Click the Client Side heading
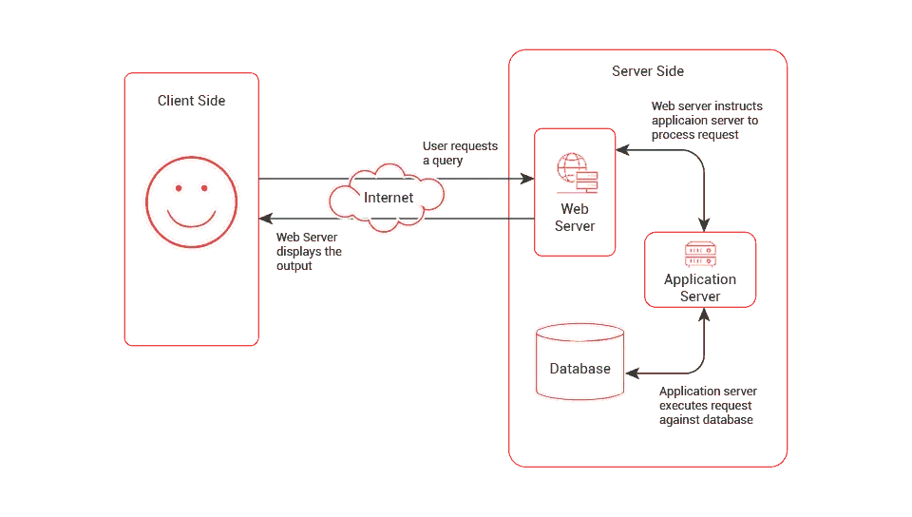coord(192,100)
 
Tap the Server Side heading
coord(647,71)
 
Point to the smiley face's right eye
coord(202,190)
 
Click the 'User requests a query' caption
coord(458,153)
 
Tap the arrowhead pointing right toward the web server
coord(525,178)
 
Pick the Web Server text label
coord(575,218)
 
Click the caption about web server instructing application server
coord(705,121)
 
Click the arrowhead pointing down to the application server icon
coord(703,224)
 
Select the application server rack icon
coord(702,254)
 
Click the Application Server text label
coord(700,288)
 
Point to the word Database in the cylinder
coord(579,369)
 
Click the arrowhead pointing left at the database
coord(636,369)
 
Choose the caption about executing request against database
coord(708,406)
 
